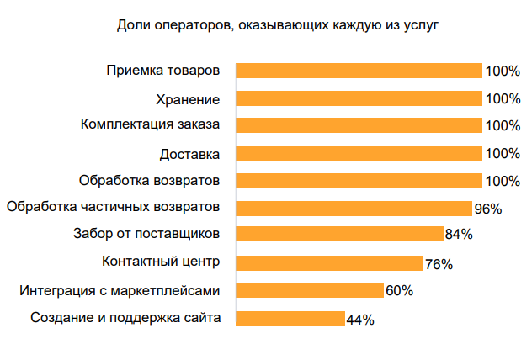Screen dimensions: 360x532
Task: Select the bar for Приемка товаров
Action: [359, 71]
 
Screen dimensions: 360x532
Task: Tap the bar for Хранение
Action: [359, 98]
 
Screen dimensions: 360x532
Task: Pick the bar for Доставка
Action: [359, 153]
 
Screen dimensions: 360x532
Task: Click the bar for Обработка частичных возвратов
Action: [354, 208]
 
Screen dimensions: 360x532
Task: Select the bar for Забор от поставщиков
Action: [339, 235]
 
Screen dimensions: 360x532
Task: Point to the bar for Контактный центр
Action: [329, 262]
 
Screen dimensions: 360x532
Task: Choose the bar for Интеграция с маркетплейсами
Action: [310, 290]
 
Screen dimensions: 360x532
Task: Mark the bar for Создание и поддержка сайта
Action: [290, 318]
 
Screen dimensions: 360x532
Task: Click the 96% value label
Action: [487, 209]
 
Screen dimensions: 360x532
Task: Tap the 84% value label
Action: [459, 236]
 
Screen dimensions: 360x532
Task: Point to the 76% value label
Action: [439, 263]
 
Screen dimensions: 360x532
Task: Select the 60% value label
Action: [399, 291]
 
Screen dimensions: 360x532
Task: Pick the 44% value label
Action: [360, 319]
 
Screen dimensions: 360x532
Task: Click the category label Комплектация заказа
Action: [151, 125]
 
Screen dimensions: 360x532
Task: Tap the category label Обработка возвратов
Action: [150, 180]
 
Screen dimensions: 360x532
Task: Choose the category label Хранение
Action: [189, 98]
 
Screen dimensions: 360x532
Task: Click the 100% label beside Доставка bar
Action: [503, 154]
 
